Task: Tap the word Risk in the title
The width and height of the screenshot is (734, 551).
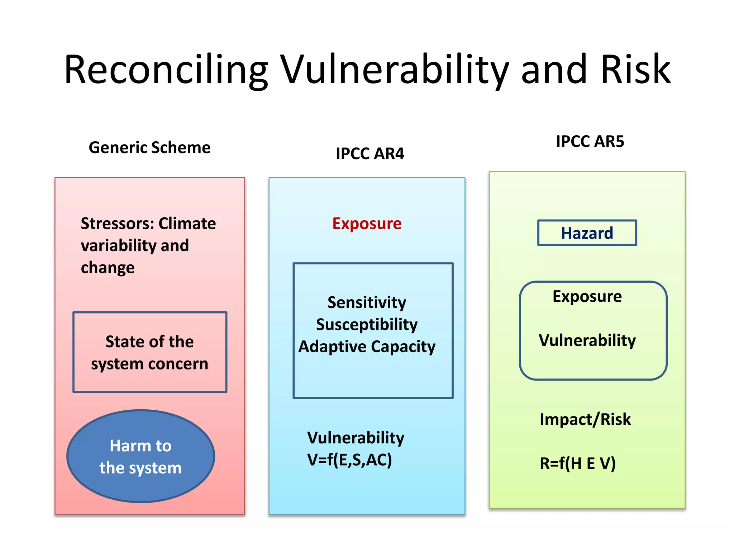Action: pyautogui.click(x=635, y=70)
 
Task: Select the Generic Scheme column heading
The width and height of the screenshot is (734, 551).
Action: pyautogui.click(x=149, y=147)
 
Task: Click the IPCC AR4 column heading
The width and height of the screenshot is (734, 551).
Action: pyautogui.click(x=370, y=154)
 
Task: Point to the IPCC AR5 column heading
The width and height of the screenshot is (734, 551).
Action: pyautogui.click(x=590, y=141)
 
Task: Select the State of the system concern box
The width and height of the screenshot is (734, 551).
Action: pyautogui.click(x=149, y=352)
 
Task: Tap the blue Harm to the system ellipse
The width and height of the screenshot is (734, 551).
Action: pyautogui.click(x=140, y=456)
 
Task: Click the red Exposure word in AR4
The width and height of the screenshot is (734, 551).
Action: pyautogui.click(x=367, y=223)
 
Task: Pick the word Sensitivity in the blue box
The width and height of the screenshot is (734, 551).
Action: pyautogui.click(x=367, y=302)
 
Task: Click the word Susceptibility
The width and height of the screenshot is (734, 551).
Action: pyautogui.click(x=367, y=325)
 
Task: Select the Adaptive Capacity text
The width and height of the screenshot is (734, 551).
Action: pyautogui.click(x=367, y=347)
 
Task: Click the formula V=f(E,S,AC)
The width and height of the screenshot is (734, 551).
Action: pyautogui.click(x=349, y=460)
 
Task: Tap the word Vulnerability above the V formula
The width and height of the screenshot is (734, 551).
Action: pyautogui.click(x=356, y=438)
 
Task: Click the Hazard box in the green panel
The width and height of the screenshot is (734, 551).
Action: pyautogui.click(x=587, y=233)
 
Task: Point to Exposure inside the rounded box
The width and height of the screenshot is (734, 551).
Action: pyautogui.click(x=587, y=296)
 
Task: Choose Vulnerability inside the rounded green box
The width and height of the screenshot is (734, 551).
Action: pyautogui.click(x=587, y=340)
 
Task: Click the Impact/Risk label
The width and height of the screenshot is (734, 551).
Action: pyautogui.click(x=585, y=419)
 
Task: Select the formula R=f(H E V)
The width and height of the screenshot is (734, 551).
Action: pyautogui.click(x=577, y=463)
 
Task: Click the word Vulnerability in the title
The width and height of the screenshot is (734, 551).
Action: pyautogui.click(x=394, y=70)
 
